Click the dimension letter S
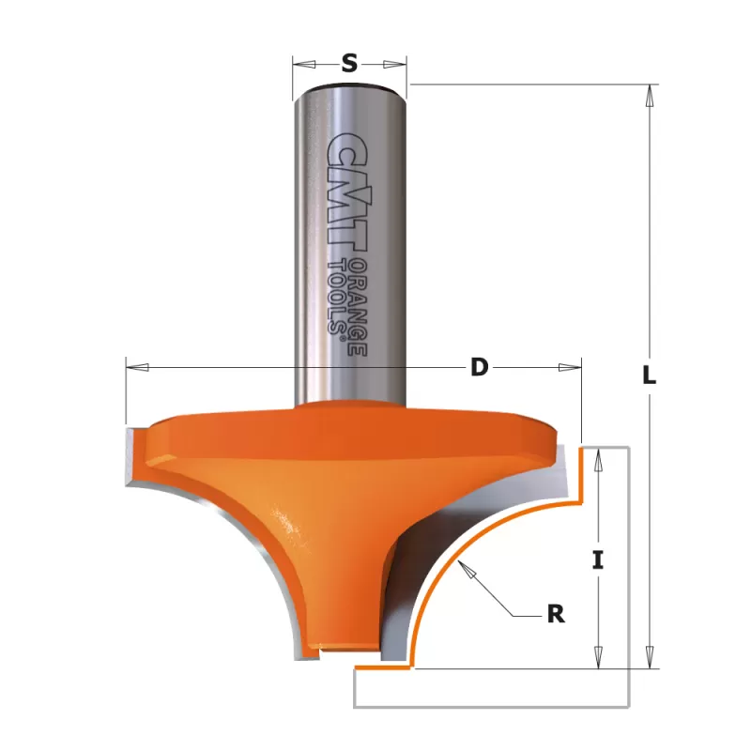click(x=349, y=63)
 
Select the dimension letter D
click(x=479, y=367)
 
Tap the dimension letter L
click(x=649, y=375)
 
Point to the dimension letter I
click(x=598, y=560)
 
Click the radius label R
click(x=556, y=614)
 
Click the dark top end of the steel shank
click(x=350, y=87)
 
